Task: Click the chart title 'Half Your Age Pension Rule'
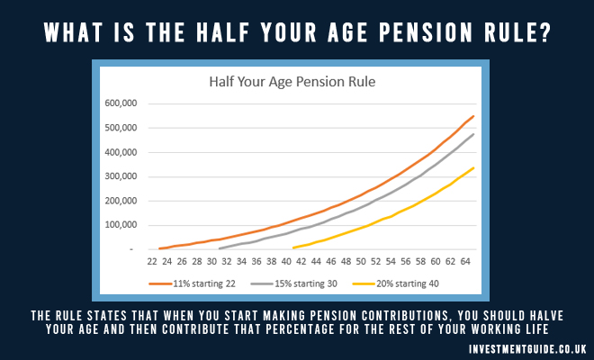(292, 82)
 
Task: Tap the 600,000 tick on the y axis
(121, 103)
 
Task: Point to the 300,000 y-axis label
(121, 176)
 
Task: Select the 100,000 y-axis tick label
(121, 225)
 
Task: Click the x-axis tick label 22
(152, 262)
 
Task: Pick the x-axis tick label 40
(286, 262)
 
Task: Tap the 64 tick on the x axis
(465, 262)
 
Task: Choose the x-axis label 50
(361, 262)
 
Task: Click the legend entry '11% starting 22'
(192, 283)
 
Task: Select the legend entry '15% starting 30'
(294, 283)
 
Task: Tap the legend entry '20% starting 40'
(395, 283)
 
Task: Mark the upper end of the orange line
(473, 116)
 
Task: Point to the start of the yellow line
(293, 247)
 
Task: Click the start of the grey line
(220, 248)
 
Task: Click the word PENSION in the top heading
(426, 32)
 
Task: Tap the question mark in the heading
(544, 32)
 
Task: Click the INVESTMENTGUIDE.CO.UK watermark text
(527, 349)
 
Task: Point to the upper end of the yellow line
(473, 168)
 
